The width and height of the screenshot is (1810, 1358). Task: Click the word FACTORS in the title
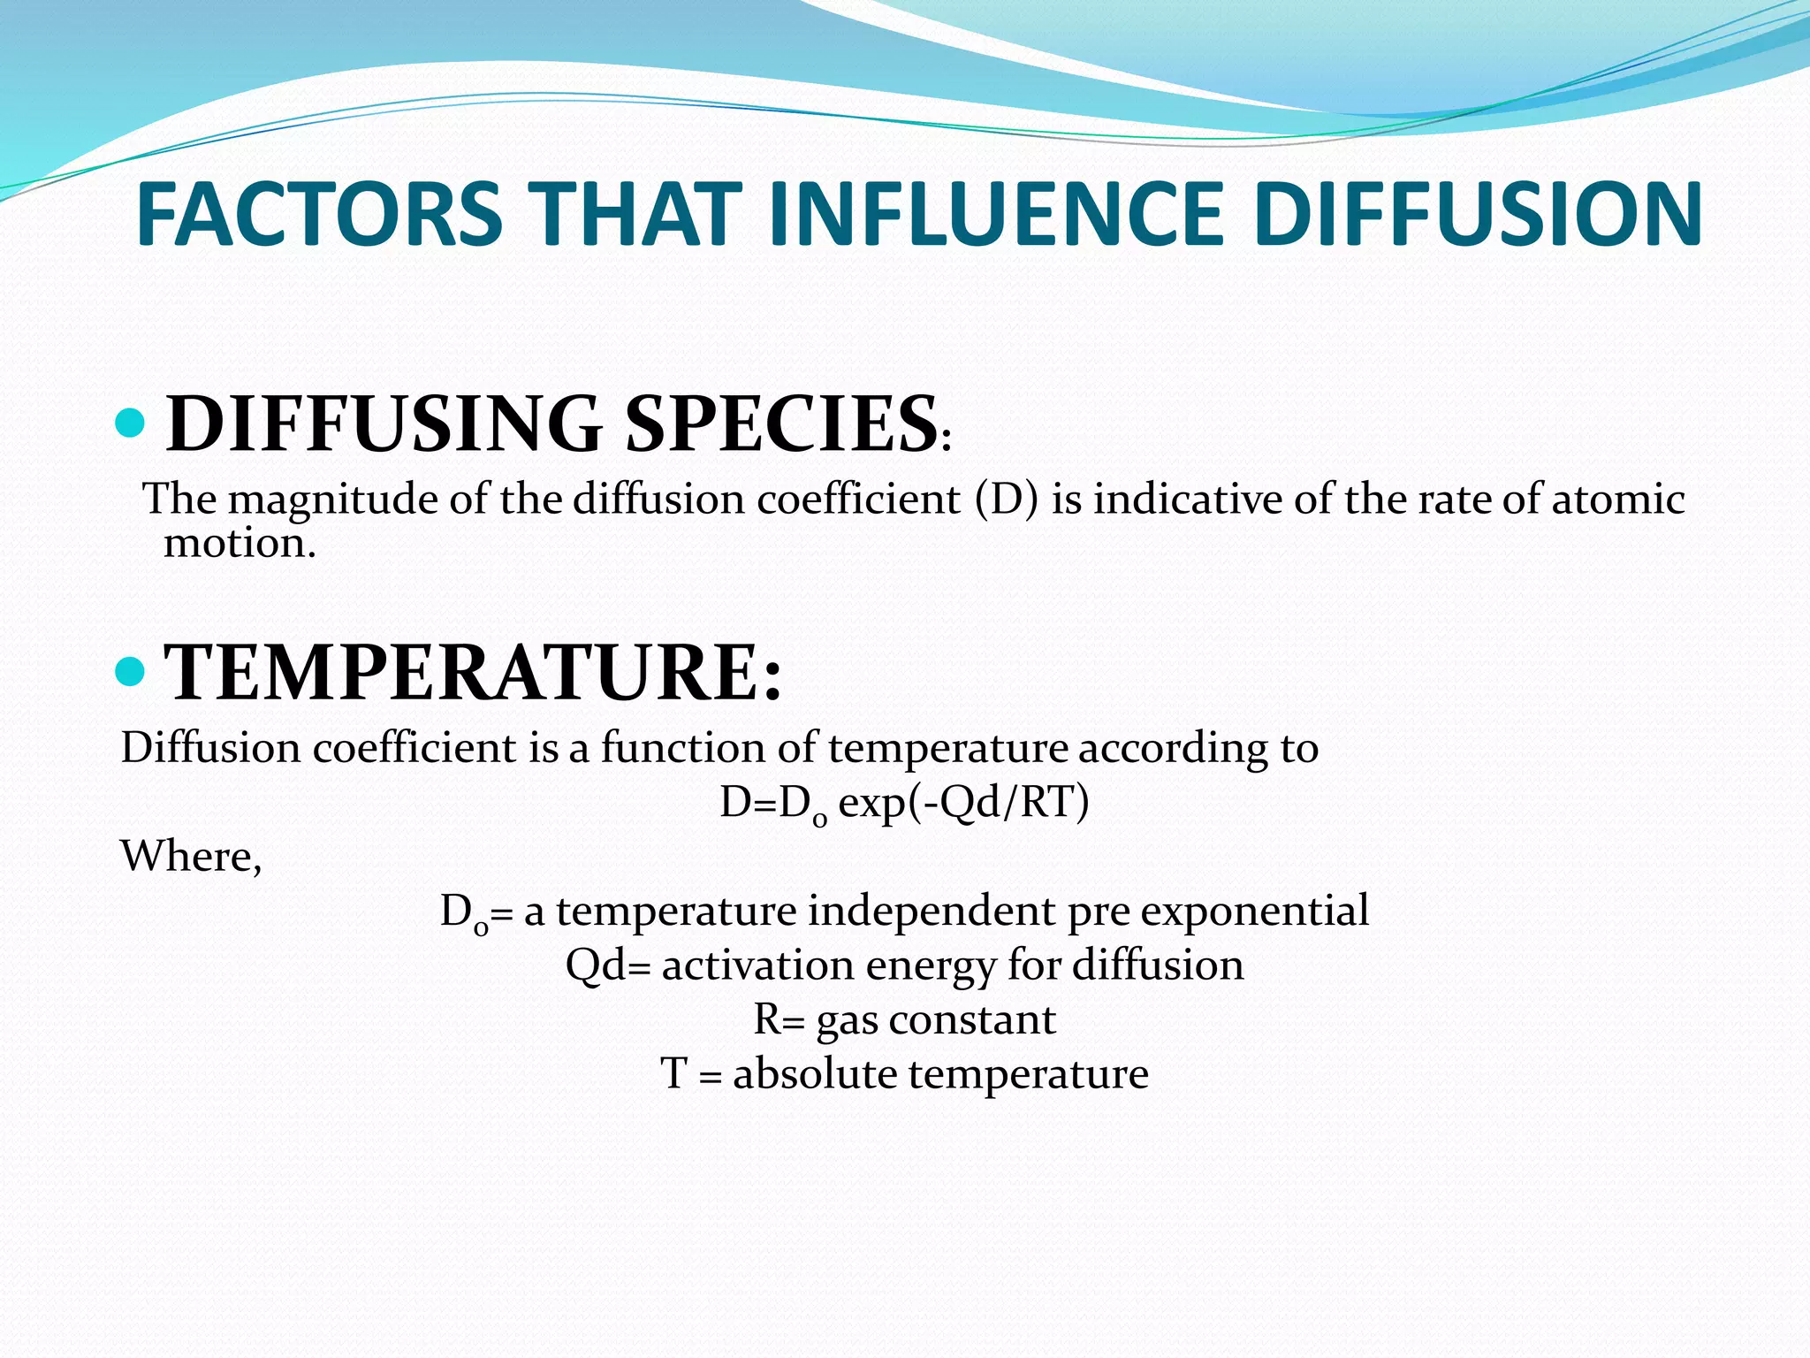click(x=319, y=214)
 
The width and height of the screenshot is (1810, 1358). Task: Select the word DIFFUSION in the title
click(x=1477, y=214)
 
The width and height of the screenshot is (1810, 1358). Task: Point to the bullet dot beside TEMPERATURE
click(x=130, y=671)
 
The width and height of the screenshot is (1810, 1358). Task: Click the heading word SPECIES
click(x=780, y=423)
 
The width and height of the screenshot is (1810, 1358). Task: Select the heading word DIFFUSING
click(x=384, y=423)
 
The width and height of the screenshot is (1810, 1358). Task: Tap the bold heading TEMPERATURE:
click(x=474, y=672)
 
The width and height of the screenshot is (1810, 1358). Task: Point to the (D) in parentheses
click(x=1007, y=500)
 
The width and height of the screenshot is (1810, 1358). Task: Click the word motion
click(x=239, y=543)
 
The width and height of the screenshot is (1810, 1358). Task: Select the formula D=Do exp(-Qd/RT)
click(x=904, y=803)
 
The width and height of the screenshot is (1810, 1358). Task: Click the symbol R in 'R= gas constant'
click(x=765, y=1019)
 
